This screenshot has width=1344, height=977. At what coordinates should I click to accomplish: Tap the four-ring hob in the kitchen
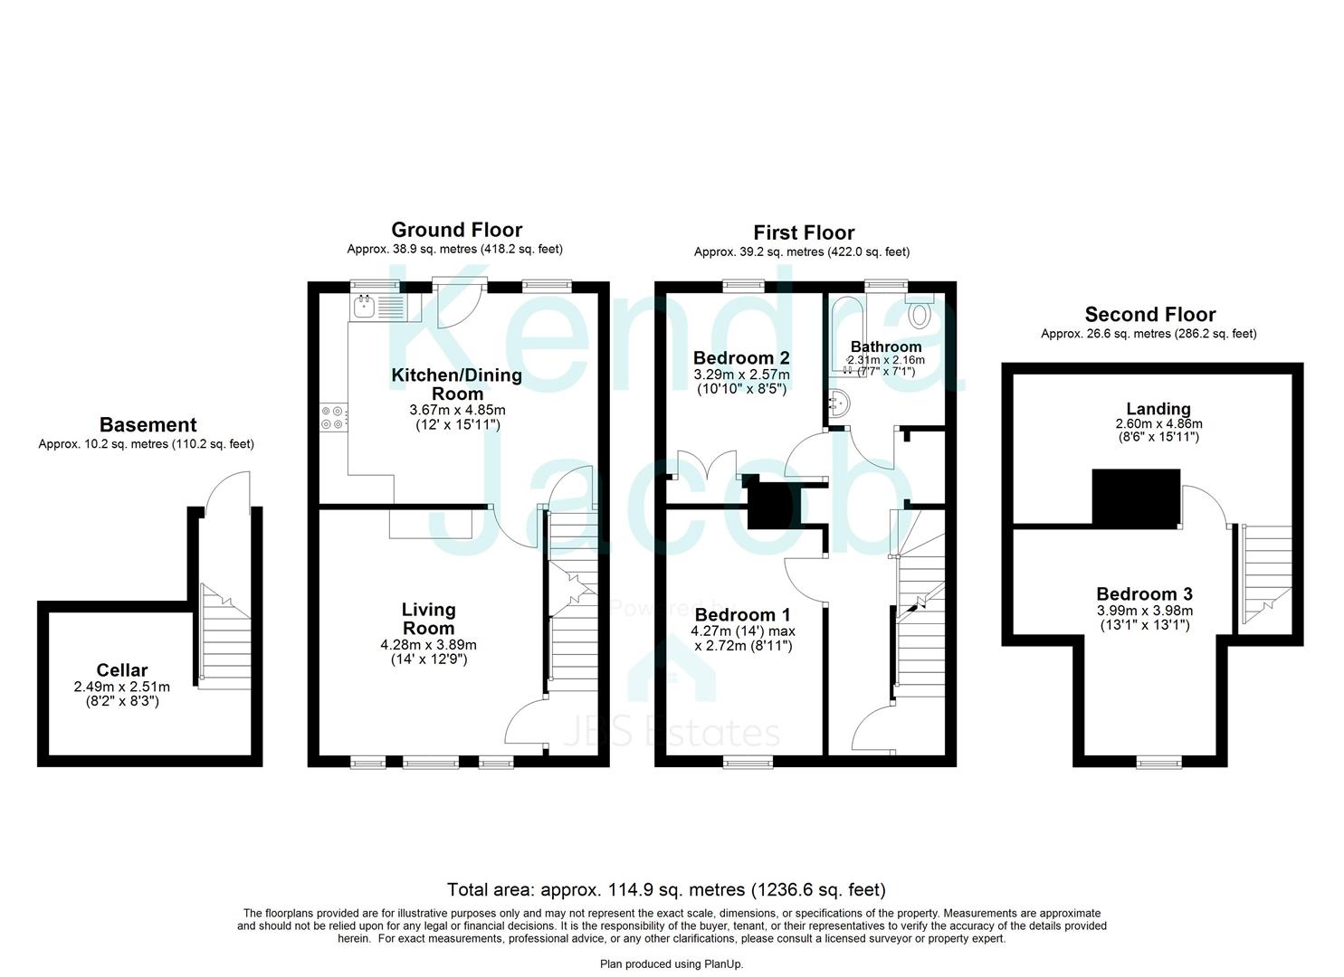coord(332,417)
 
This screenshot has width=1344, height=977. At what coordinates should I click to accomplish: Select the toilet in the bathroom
coord(919,310)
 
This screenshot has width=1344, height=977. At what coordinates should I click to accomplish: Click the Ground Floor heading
coord(457,230)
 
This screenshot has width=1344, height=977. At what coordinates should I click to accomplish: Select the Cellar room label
coord(122,669)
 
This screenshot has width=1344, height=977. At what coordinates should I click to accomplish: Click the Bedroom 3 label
coord(1144,593)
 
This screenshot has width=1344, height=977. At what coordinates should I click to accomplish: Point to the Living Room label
coord(428,619)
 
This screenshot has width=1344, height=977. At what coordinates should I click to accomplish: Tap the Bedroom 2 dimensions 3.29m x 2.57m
coord(741,375)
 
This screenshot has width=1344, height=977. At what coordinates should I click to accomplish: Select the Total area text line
coord(666,889)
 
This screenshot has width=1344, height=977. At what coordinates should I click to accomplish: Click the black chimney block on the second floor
coord(1136,498)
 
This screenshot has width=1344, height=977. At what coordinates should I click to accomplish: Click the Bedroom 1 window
coord(748,762)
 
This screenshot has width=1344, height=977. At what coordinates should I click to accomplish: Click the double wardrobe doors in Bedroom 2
coord(707,465)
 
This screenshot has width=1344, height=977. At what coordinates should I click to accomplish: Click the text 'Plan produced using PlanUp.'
coord(672,963)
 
